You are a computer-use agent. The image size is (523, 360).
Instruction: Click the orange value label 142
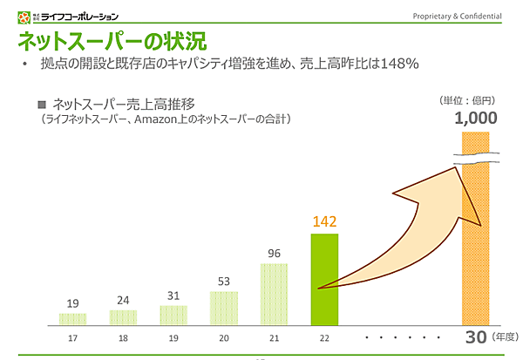click(324, 221)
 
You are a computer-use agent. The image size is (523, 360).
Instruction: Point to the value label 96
click(273, 254)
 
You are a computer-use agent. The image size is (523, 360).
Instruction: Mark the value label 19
click(72, 303)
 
